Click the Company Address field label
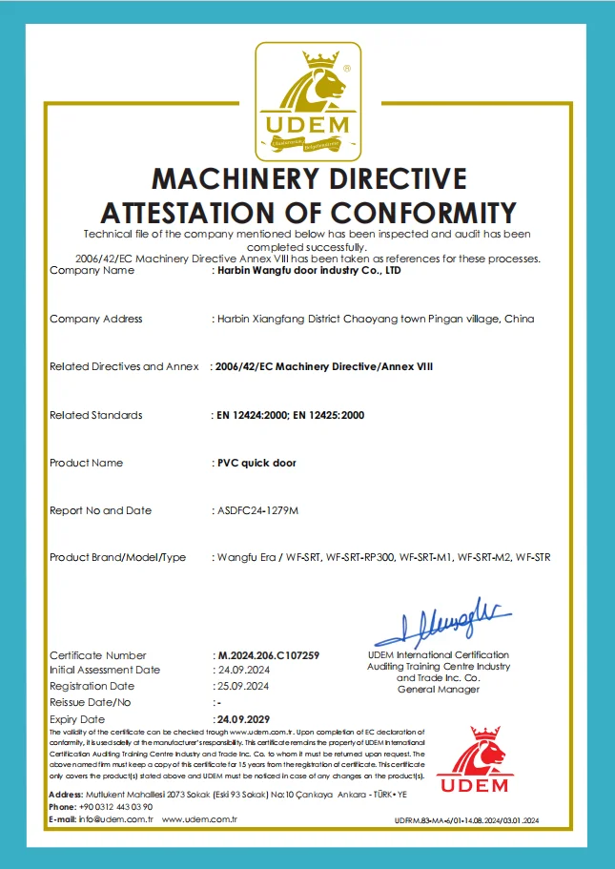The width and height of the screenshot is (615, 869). pos(95,319)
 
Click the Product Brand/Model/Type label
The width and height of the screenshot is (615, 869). pos(117,557)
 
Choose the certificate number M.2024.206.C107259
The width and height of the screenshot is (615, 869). pos(268,656)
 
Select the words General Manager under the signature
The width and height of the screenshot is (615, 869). pos(438,690)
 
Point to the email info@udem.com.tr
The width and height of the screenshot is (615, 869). pos(104,819)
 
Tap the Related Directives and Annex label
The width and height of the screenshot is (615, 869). pos(124,366)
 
